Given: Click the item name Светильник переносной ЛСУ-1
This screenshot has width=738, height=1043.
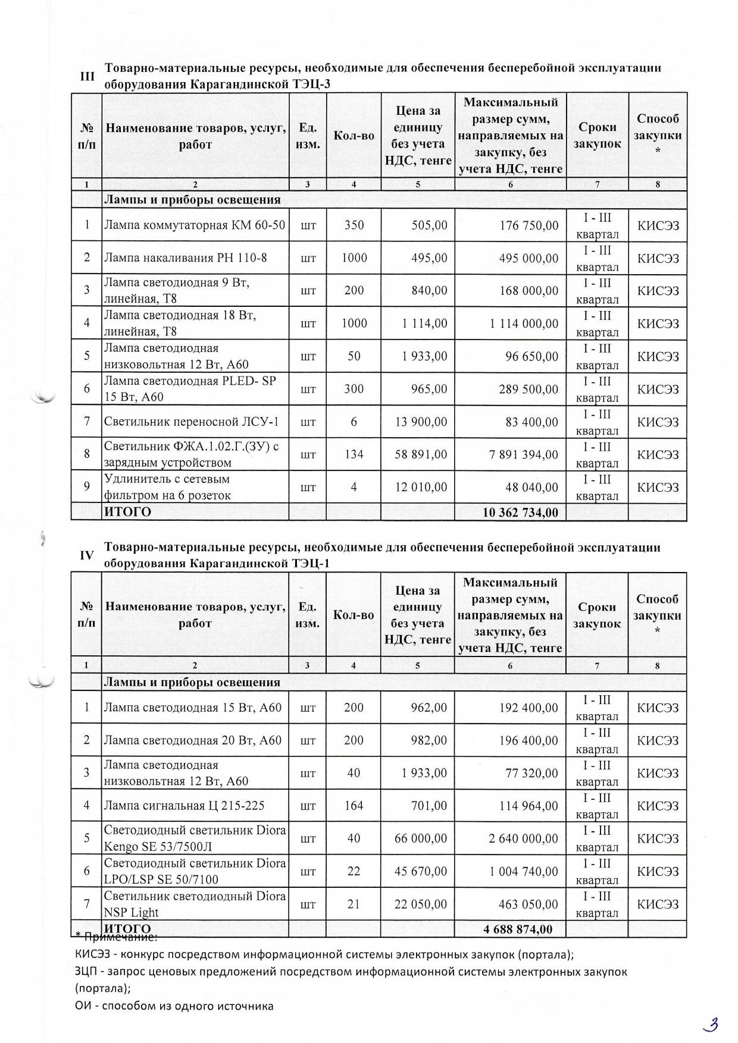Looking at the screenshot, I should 192,422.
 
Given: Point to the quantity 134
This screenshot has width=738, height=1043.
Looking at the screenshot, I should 354,455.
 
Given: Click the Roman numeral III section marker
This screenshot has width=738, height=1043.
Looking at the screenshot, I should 87,77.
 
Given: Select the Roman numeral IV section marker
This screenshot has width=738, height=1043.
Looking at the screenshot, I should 87,555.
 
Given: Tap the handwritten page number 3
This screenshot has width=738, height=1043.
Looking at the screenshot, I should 710,1024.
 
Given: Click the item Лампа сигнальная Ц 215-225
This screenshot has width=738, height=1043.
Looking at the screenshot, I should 184,806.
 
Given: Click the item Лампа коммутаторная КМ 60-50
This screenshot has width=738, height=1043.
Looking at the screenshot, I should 195,225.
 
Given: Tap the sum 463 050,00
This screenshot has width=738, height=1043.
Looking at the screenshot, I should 528,904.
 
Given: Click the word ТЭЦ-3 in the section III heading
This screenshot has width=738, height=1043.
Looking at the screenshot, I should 311,84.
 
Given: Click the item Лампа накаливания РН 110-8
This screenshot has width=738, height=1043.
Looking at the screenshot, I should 186,258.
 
